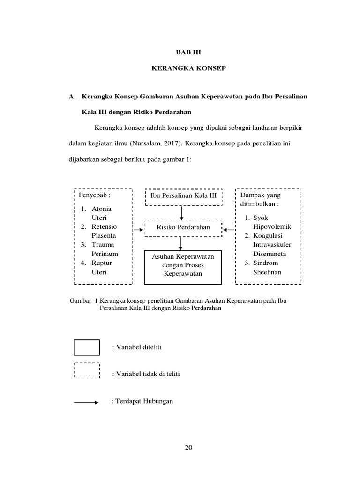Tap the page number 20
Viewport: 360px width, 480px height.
(188, 448)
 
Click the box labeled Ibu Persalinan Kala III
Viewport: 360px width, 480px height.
(183, 195)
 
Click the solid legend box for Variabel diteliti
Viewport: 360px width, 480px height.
(87, 348)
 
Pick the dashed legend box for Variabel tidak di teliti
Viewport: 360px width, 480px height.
(87, 370)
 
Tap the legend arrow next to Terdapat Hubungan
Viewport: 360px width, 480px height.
(86, 402)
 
